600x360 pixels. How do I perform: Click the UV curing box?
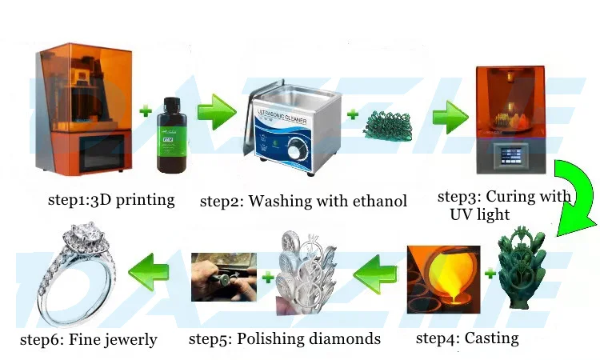pyautogui.click(x=511, y=120)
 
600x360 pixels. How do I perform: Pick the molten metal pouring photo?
pyautogui.click(x=442, y=279)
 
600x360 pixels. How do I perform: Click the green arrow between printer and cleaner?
pyautogui.click(x=216, y=112)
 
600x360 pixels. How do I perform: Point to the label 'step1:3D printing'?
pyautogui.click(x=110, y=200)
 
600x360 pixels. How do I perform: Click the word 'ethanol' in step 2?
pyautogui.click(x=377, y=200)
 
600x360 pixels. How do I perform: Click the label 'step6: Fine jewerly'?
pyautogui.click(x=88, y=340)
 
